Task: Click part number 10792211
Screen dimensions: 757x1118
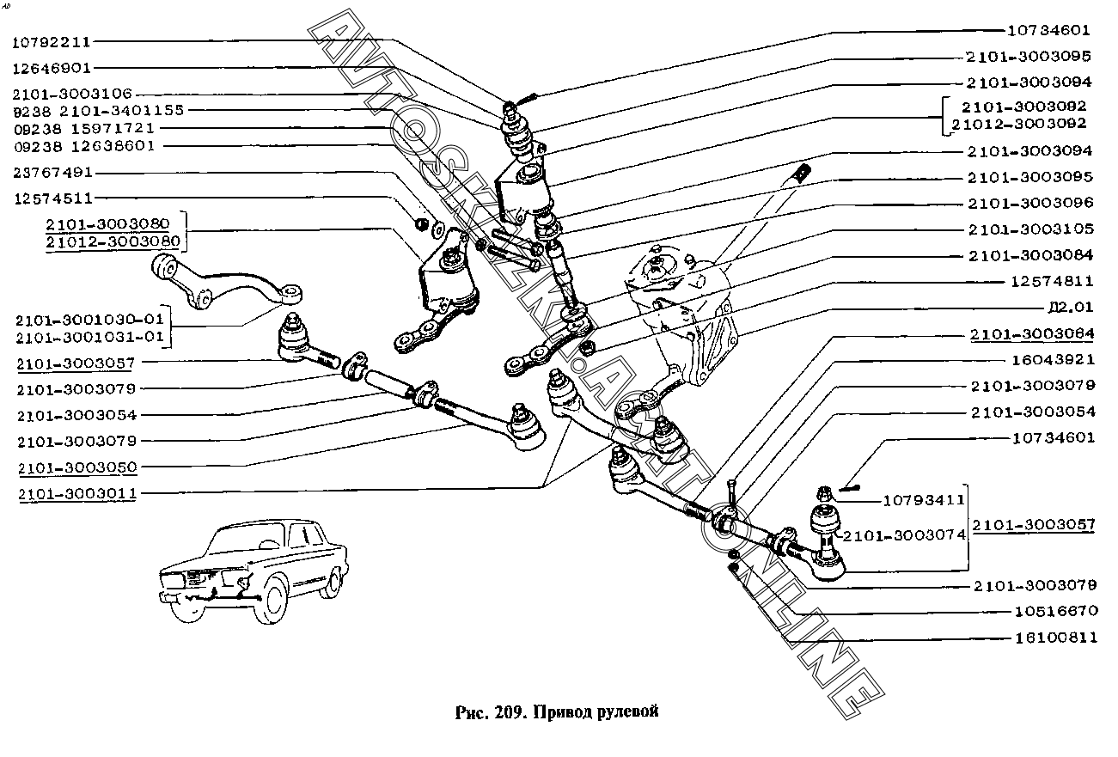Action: coord(52,40)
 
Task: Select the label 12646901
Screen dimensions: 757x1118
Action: coord(52,67)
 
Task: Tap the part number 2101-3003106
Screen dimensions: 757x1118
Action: coord(72,94)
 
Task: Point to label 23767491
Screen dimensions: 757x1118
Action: coord(52,173)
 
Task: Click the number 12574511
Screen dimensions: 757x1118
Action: coord(52,198)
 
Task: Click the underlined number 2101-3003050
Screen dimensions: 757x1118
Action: coord(76,467)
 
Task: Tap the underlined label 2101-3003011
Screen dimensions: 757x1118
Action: coord(76,493)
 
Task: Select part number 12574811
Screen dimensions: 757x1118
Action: coord(1051,281)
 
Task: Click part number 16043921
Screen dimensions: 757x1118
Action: coord(1051,359)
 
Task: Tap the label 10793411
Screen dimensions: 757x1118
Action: coord(924,499)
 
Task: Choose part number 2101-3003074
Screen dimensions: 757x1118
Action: coord(903,534)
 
